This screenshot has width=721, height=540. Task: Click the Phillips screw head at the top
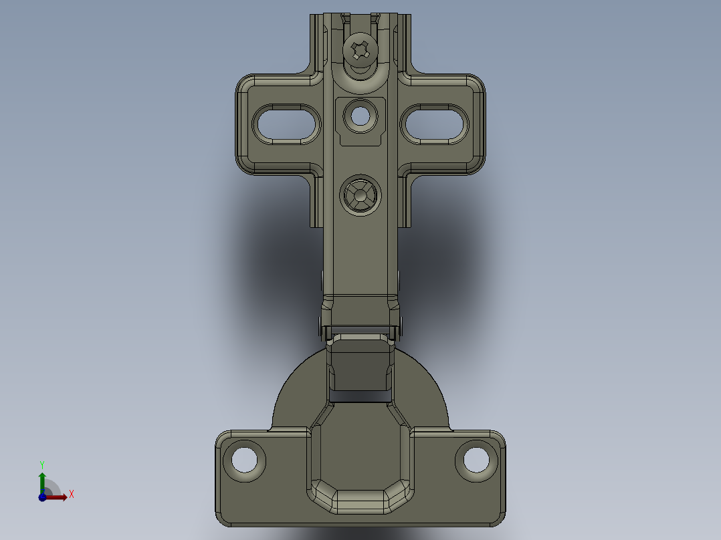(x=360, y=49)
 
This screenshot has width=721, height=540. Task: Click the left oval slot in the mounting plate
(x=286, y=124)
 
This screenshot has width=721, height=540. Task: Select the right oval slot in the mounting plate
(x=435, y=124)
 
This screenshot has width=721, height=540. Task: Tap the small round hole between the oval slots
(x=360, y=116)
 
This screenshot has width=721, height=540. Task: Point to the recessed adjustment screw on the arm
(x=360, y=195)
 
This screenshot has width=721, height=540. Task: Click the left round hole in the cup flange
(x=244, y=460)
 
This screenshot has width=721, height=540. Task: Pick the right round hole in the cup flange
(x=476, y=460)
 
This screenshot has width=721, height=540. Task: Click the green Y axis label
(x=42, y=464)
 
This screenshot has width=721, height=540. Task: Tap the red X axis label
(x=72, y=495)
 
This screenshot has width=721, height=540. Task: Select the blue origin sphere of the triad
(x=42, y=497)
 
